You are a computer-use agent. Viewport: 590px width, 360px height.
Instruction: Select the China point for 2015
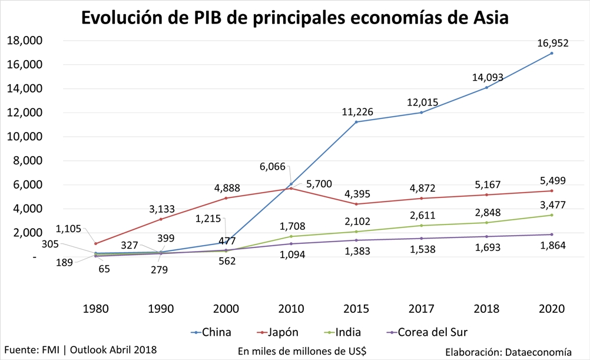click(356, 122)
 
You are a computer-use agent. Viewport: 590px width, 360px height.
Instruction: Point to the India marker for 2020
click(552, 215)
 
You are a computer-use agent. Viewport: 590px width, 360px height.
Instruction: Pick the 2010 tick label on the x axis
click(291, 309)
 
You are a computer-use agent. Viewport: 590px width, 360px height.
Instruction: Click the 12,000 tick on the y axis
click(24, 113)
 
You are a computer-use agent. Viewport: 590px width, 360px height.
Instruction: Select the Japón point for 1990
click(161, 219)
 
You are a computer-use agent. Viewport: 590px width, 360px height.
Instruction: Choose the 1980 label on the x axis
click(95, 309)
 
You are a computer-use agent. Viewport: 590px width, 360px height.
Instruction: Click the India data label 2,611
click(422, 216)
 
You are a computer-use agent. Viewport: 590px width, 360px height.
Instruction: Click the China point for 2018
click(486, 88)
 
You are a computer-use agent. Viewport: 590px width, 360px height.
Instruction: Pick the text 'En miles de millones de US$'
click(302, 351)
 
